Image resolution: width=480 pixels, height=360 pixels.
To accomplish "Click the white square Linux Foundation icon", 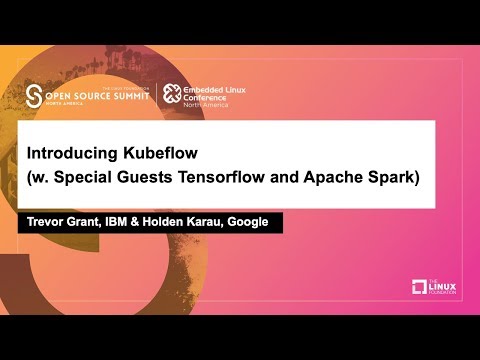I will pyautogui.click(x=420, y=288).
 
